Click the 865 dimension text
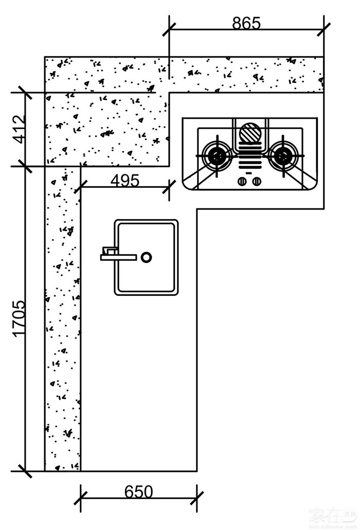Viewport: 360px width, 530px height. tap(246, 23)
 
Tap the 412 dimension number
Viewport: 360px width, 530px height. tap(19, 129)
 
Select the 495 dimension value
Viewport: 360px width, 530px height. tap(124, 181)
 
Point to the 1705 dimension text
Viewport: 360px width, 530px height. tap(19, 319)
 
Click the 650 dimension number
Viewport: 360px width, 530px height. tap(139, 492)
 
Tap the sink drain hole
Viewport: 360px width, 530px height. tap(147, 257)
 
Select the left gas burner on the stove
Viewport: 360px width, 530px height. tap(216, 154)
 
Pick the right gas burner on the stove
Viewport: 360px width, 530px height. tap(283, 154)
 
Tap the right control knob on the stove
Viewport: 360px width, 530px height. tap(257, 181)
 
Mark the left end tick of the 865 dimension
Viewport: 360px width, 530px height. tap(169, 29)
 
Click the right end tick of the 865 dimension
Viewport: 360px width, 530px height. tap(323, 29)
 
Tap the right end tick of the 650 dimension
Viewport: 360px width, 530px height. tap(197, 498)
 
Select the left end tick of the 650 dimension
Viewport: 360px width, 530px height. tap(81, 498)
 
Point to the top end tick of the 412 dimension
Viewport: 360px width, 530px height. tap(25, 93)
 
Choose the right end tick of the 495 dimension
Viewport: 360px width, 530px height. tap(169, 187)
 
